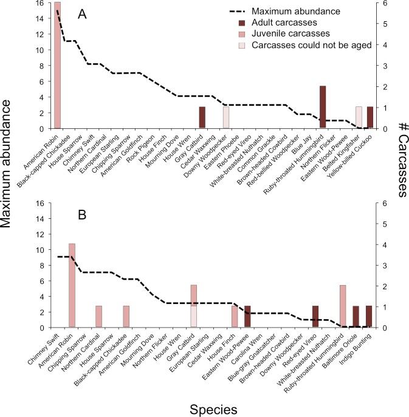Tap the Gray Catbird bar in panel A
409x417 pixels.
(x=202, y=117)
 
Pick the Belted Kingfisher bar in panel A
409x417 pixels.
(x=359, y=117)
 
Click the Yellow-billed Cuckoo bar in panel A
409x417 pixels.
(x=370, y=117)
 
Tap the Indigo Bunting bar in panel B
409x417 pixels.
(x=369, y=317)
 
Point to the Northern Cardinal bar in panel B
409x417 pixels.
(x=98, y=317)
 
